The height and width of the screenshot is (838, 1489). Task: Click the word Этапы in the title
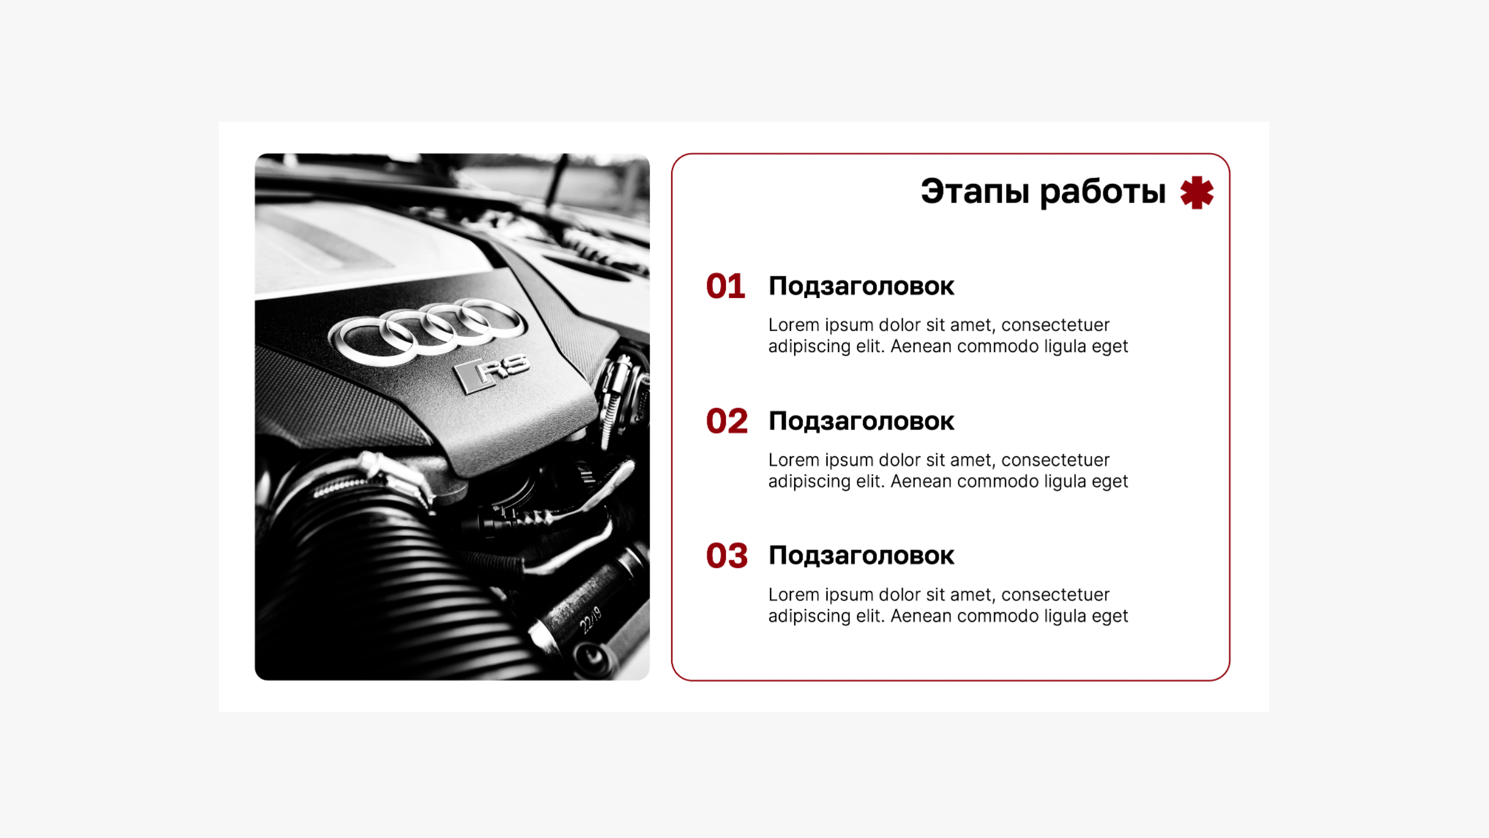(x=975, y=191)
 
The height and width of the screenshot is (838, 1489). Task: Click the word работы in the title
(x=1103, y=192)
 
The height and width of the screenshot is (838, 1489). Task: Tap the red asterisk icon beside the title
(x=1197, y=193)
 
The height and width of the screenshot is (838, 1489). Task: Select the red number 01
(x=726, y=286)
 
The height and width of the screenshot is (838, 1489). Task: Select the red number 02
(x=727, y=421)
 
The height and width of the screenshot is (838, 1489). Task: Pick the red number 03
(x=727, y=556)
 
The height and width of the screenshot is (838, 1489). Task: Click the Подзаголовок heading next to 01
(x=861, y=287)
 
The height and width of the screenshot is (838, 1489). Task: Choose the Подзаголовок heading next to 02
(x=861, y=422)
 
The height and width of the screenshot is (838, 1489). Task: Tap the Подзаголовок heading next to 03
(x=861, y=556)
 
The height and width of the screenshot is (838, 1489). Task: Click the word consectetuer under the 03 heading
(x=1055, y=595)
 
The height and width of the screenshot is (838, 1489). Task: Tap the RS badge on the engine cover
(x=491, y=373)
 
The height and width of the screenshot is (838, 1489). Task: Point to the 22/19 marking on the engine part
(x=590, y=620)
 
